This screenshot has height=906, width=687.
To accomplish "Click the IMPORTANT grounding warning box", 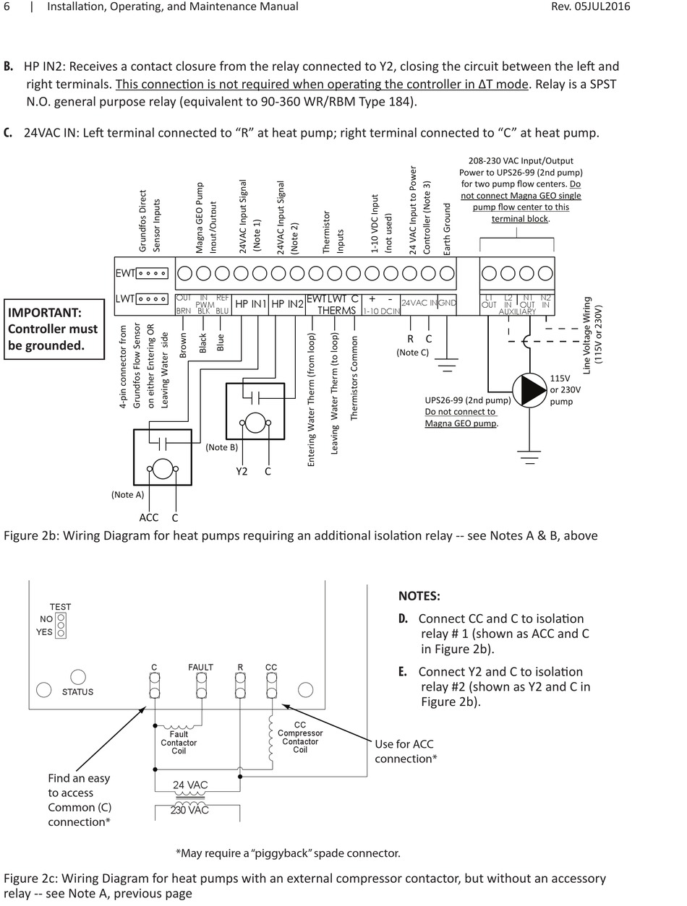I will pyautogui.click(x=55, y=329).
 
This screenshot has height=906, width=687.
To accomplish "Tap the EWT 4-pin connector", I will pyautogui.click(x=152, y=274).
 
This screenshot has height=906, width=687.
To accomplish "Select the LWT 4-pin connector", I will pyautogui.click(x=152, y=298).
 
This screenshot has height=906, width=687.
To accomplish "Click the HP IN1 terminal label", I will pyautogui.click(x=251, y=305).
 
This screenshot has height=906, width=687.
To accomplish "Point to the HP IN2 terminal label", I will pyautogui.click(x=288, y=305).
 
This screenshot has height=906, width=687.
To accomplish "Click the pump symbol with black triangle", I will pyautogui.click(x=532, y=389).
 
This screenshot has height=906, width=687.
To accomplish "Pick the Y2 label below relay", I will pyautogui.click(x=242, y=472).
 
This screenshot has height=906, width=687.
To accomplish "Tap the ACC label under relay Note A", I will pyautogui.click(x=148, y=517).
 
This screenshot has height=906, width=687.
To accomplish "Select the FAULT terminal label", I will pyautogui.click(x=200, y=667).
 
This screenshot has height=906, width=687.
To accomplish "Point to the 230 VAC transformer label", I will pyautogui.click(x=189, y=810).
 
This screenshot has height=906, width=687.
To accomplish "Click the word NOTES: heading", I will pyautogui.click(x=419, y=596).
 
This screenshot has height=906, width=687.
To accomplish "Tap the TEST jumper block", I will pyautogui.click(x=61, y=626).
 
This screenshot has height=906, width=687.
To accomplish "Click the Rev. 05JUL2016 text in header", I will pyautogui.click(x=591, y=7).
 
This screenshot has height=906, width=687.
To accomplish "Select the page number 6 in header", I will pyautogui.click(x=7, y=7).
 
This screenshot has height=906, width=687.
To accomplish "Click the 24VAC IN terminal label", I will pyautogui.click(x=419, y=303).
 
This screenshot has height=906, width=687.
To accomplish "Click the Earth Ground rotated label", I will pyautogui.click(x=447, y=228).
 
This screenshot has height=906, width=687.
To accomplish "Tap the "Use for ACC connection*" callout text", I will pyautogui.click(x=405, y=751).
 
